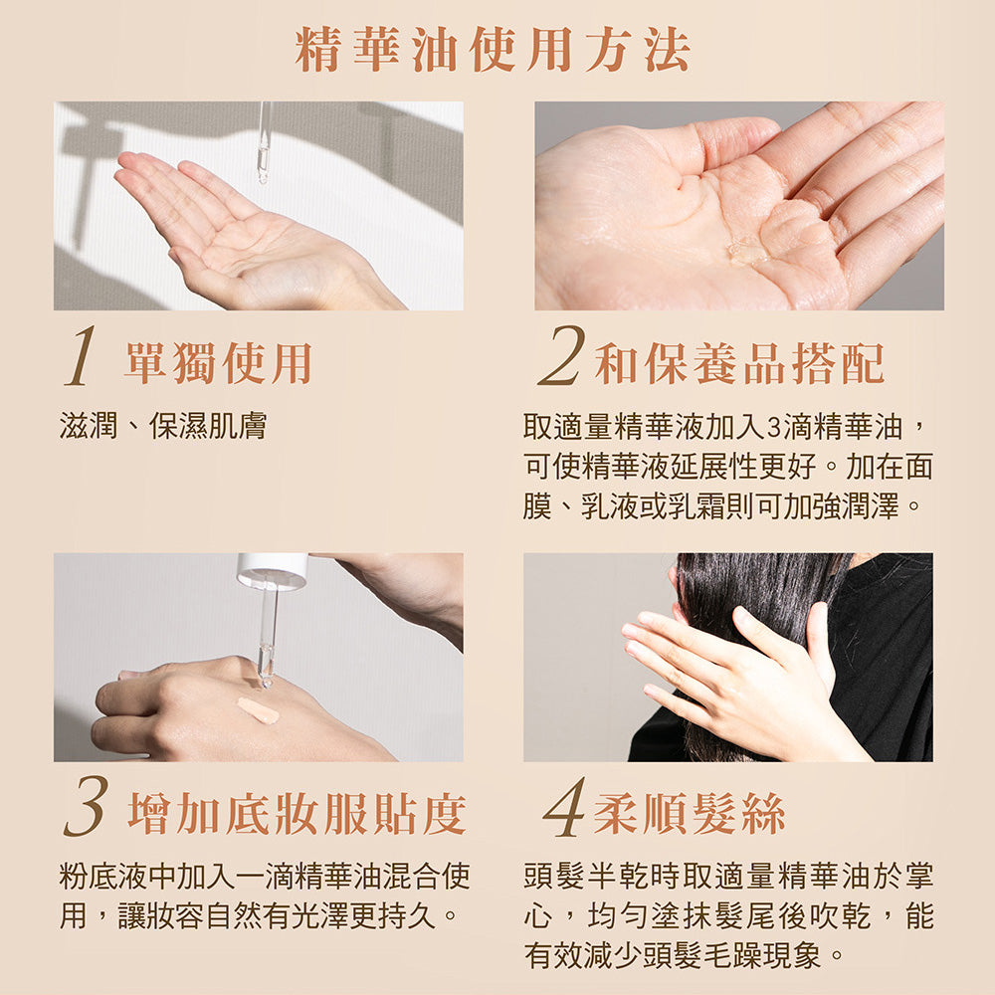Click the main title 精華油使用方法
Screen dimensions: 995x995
click(493, 50)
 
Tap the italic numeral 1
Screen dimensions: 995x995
click(81, 356)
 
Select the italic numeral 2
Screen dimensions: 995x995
click(561, 355)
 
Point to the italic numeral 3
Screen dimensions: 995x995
click(87, 807)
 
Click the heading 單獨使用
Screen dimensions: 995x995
click(218, 363)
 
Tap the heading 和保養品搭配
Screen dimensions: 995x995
click(739, 363)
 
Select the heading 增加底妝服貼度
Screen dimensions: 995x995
click(297, 814)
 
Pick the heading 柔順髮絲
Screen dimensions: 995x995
click(690, 814)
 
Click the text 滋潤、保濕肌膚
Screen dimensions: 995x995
click(163, 426)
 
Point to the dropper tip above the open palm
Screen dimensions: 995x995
click(263, 178)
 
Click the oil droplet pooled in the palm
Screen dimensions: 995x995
click(748, 252)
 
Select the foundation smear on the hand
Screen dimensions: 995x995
click(258, 710)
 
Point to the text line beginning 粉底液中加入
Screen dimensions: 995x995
click(265, 877)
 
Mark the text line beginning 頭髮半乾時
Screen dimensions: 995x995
click(728, 877)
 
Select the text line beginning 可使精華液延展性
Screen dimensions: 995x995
click(728, 467)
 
